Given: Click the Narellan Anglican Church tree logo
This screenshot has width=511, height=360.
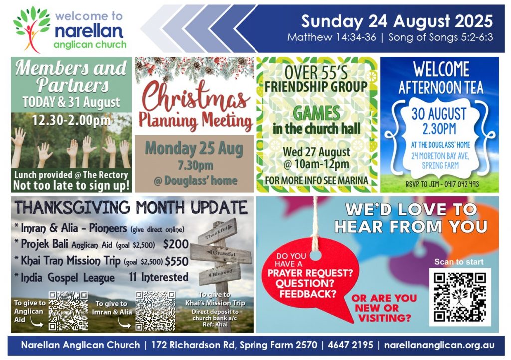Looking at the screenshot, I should pyautogui.click(x=31, y=29).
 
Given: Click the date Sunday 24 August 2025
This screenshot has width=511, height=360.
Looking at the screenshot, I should pyautogui.click(x=397, y=21).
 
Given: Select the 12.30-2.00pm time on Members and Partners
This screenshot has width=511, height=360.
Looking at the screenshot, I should pyautogui.click(x=71, y=121).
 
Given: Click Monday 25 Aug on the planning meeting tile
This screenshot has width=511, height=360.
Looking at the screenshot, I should pyautogui.click(x=194, y=149).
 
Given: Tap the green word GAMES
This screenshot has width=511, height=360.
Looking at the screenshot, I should pyautogui.click(x=317, y=114).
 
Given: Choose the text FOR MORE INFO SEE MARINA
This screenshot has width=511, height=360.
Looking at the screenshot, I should pyautogui.click(x=317, y=180).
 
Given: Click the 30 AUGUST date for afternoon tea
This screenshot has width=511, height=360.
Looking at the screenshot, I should pyautogui.click(x=439, y=113).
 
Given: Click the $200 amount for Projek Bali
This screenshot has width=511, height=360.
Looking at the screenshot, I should pyautogui.click(x=176, y=244).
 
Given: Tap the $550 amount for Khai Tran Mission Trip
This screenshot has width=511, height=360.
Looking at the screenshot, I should pyautogui.click(x=176, y=260).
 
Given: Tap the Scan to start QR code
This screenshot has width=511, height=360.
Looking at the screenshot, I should pyautogui.click(x=459, y=296).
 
